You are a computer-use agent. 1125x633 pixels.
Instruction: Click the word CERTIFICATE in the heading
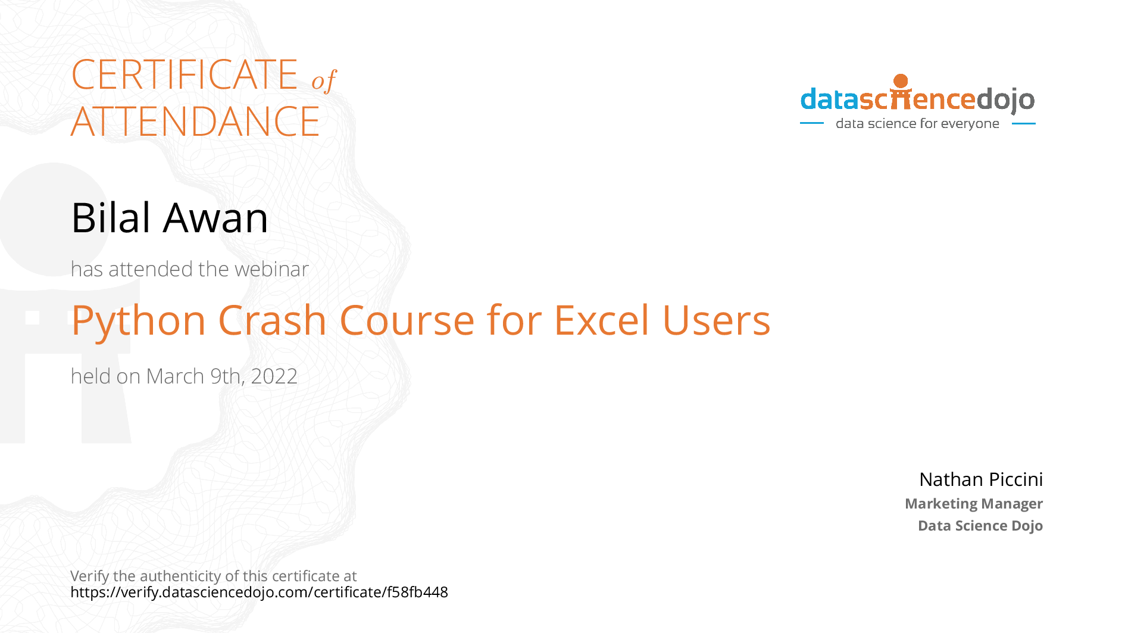click(185, 74)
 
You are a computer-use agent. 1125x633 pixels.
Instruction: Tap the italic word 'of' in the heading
click(324, 80)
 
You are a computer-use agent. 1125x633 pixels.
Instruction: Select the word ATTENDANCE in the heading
click(195, 121)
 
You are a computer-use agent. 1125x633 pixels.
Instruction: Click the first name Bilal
click(111, 217)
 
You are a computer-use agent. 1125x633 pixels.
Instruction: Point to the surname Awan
click(215, 218)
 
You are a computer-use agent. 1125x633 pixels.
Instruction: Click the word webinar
click(272, 269)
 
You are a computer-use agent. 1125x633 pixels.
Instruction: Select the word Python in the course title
click(139, 322)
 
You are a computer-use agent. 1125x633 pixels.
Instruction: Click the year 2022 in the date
click(274, 376)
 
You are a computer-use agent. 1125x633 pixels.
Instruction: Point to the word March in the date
click(175, 376)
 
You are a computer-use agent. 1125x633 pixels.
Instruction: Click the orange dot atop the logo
click(901, 81)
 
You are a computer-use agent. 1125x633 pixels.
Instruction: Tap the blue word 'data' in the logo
click(830, 99)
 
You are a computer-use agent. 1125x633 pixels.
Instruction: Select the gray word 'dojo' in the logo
click(1005, 100)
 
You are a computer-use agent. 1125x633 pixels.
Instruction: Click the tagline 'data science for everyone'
click(917, 124)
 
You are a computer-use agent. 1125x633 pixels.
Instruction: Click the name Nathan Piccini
click(981, 479)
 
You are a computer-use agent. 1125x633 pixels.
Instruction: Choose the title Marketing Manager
click(974, 504)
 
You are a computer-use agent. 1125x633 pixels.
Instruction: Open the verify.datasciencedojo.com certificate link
click(259, 593)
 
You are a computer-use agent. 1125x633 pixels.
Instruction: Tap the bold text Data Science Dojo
click(980, 526)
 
